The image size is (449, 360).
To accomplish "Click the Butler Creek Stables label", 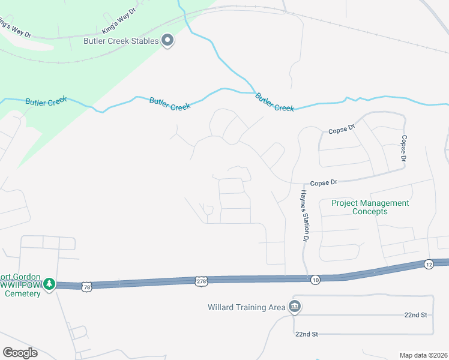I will tap(121, 41).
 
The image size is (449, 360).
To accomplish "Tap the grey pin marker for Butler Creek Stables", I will tap(168, 40).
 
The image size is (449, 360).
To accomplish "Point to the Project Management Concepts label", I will tap(370, 207).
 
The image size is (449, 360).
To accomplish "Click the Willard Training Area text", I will tap(246, 307).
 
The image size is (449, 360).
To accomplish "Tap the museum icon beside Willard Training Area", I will tap(295, 307).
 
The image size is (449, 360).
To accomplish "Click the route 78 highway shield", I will tap(87, 286).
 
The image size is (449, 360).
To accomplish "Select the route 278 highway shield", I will tap(201, 280).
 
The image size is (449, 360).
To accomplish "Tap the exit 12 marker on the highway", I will tap(428, 264).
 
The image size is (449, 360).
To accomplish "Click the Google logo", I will tap(19, 353).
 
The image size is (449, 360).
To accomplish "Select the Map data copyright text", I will tap(423, 355).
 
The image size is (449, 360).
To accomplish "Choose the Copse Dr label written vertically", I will tap(404, 147).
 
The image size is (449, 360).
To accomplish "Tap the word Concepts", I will tap(370, 211).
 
